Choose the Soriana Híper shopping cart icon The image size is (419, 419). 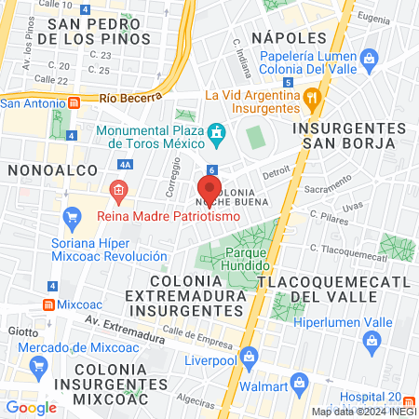(x=72, y=218)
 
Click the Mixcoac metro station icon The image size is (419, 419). (x=47, y=304)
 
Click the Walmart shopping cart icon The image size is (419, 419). (x=299, y=383)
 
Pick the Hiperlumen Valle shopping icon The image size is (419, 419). (x=374, y=342)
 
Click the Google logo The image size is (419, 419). (x=31, y=407)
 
